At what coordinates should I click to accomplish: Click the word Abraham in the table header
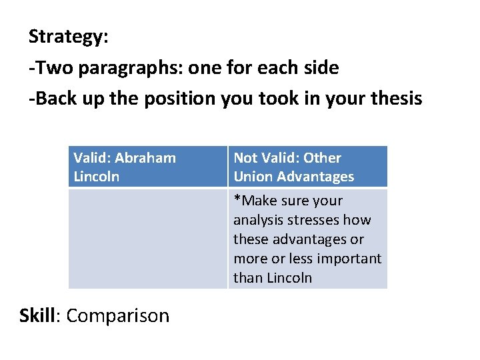coord(145,158)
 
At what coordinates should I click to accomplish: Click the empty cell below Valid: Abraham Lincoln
coord(147,239)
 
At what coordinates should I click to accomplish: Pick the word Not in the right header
coord(245,158)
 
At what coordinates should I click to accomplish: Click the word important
coord(349,258)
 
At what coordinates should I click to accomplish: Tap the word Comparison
coord(118,315)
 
